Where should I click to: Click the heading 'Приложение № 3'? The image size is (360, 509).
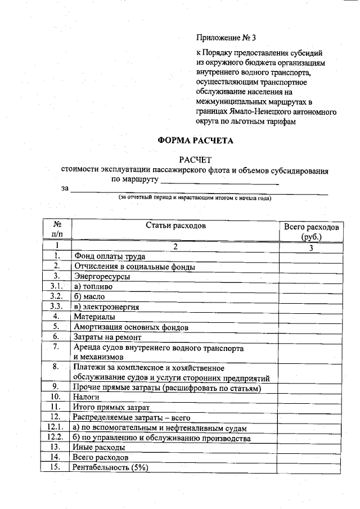226,38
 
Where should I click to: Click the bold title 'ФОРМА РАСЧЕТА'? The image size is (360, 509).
195,140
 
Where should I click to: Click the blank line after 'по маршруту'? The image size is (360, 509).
219,181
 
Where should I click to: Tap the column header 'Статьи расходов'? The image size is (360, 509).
175,226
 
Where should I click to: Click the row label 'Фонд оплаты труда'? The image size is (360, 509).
109,256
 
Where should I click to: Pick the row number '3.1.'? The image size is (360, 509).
56,286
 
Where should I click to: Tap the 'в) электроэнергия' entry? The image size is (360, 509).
106,307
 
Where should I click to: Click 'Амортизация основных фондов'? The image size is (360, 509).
130,327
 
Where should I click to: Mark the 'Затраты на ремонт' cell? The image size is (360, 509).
107,337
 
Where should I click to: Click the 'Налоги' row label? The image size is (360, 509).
88,396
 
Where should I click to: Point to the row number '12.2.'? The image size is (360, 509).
55,437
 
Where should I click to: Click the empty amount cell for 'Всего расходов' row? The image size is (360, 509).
310,457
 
